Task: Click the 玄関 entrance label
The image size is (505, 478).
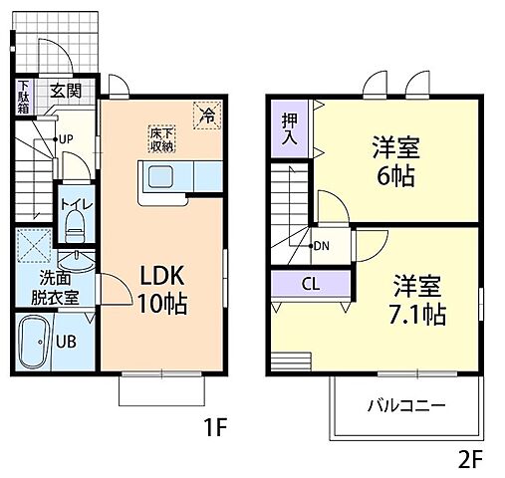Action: click(66, 91)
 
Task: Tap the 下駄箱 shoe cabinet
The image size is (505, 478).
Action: click(23, 97)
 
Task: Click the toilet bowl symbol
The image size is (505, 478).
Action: click(75, 227)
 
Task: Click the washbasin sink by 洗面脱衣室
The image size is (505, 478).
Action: click(77, 262)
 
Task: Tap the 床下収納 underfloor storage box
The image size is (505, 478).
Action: click(161, 139)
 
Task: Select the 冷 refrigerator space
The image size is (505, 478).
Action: click(207, 115)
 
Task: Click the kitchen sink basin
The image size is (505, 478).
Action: click(160, 176)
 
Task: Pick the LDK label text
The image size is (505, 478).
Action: click(162, 276)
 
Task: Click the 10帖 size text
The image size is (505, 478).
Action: click(162, 304)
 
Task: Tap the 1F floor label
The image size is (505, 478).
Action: click(215, 427)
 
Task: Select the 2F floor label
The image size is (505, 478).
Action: click(470, 459)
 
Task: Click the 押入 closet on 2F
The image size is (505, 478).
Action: click(290, 129)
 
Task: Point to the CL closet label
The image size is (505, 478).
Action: click(311, 284)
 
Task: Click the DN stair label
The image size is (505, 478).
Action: click(321, 246)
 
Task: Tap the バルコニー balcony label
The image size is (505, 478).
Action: click(406, 405)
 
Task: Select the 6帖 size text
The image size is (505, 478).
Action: click(396, 175)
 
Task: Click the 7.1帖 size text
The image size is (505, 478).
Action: click(417, 315)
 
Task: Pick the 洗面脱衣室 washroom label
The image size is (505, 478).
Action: click(56, 288)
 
